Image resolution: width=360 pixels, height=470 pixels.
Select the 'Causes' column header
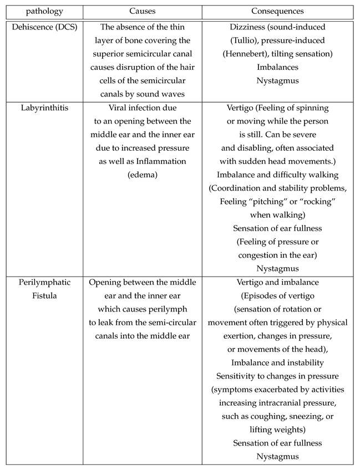142,12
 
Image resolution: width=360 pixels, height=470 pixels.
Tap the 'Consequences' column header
277,12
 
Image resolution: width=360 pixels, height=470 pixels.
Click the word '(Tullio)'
245,40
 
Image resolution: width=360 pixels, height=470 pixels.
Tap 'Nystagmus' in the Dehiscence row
277,81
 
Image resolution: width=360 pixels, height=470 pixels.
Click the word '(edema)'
142,175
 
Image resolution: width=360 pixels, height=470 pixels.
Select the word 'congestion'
260,256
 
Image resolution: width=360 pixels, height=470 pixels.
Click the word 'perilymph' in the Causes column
165,309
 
